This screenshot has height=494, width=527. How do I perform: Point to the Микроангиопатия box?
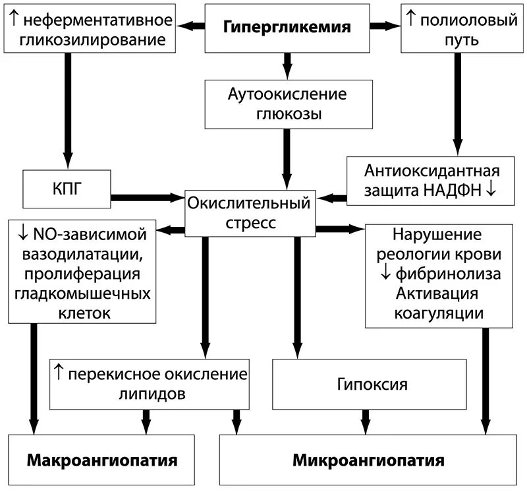click(x=369, y=460)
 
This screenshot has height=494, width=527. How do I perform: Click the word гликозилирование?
click(x=93, y=40)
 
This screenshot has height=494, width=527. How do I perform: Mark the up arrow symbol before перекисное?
click(x=58, y=373)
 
